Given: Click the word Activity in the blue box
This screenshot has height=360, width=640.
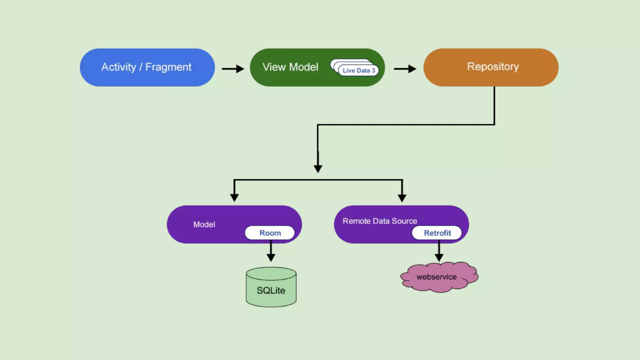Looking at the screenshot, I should point(119,67).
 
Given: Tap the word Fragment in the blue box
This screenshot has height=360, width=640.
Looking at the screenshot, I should point(168,67).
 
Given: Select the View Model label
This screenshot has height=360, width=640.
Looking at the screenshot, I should point(290,67).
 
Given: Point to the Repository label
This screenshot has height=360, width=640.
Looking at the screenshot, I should point(493,67).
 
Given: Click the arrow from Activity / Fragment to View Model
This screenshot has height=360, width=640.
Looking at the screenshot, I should point(233,69).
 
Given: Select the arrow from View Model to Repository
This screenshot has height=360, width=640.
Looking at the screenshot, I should point(405,69).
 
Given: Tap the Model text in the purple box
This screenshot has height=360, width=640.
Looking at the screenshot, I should point(204,224).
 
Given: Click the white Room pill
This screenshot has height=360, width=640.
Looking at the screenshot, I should point(270,233).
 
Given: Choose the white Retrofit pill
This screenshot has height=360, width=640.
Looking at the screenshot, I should point(437,233).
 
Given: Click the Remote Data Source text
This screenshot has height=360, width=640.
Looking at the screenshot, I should point(380,221).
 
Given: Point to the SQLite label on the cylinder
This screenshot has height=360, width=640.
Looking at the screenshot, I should point(271,291).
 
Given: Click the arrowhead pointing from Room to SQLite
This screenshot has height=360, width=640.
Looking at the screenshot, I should point(271,257).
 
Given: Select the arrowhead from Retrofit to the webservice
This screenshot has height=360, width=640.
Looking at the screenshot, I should point(439,257).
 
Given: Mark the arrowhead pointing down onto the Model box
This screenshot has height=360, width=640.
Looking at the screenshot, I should point(234,197).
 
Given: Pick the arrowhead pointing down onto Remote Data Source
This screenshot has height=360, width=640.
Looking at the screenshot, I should point(402,198).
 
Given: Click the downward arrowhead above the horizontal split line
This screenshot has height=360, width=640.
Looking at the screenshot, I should point(318,169).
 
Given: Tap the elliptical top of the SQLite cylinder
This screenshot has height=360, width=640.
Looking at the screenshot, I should point(271,274).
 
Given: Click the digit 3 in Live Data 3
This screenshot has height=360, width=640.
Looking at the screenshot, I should point(373,71).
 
